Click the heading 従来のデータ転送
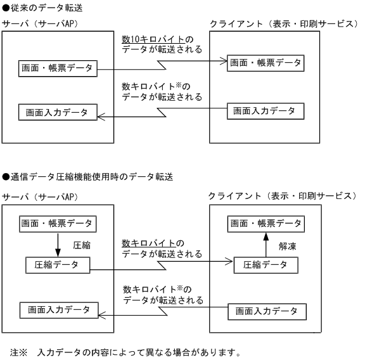coord(44,8)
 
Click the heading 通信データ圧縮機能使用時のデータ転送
coord(88,176)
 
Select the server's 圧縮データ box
coord(56,266)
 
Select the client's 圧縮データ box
coord(266,266)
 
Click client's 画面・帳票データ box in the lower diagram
coord(266,223)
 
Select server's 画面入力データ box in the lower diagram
coord(59,310)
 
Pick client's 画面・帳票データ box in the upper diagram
coord(266,62)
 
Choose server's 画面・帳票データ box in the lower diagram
coord(56,224)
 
